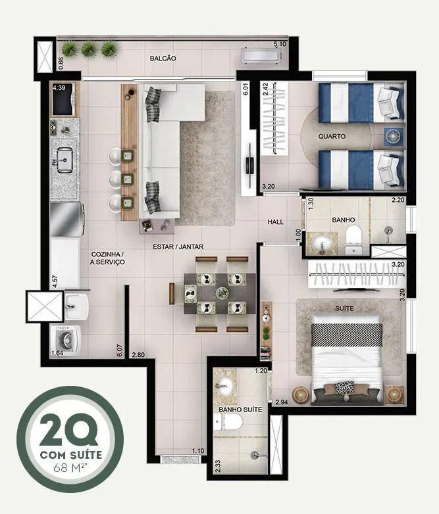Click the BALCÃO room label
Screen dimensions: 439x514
coord(163,58)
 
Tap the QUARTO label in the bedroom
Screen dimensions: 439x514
coord(332,136)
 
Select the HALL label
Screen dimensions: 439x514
coord(276,222)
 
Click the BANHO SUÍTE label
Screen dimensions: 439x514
coord(240,409)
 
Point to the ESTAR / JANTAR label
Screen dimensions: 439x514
coord(178,246)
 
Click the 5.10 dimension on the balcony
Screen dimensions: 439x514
coord(280,44)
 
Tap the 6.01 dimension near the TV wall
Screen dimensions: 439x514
coord(245,89)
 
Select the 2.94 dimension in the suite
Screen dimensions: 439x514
coord(282,402)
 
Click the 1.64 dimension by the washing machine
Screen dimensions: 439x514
coord(57,353)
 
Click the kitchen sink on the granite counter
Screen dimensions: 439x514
coord(65,160)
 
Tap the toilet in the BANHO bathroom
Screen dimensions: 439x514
coord(353,240)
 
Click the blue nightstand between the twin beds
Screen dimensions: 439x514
coord(394,136)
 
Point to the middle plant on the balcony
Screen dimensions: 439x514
coord(89,50)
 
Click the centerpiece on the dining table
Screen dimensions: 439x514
coord(222,292)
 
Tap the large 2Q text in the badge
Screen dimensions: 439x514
coord(69,430)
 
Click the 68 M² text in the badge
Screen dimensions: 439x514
coord(70,467)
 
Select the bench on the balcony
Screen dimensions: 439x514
coord(262,55)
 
